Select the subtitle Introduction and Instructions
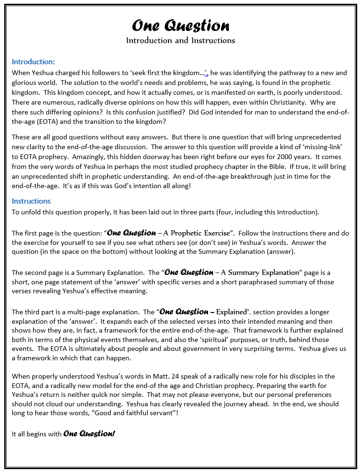click(180, 40)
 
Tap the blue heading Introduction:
click(33, 61)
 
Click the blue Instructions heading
click(31, 201)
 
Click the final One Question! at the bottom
click(89, 434)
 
